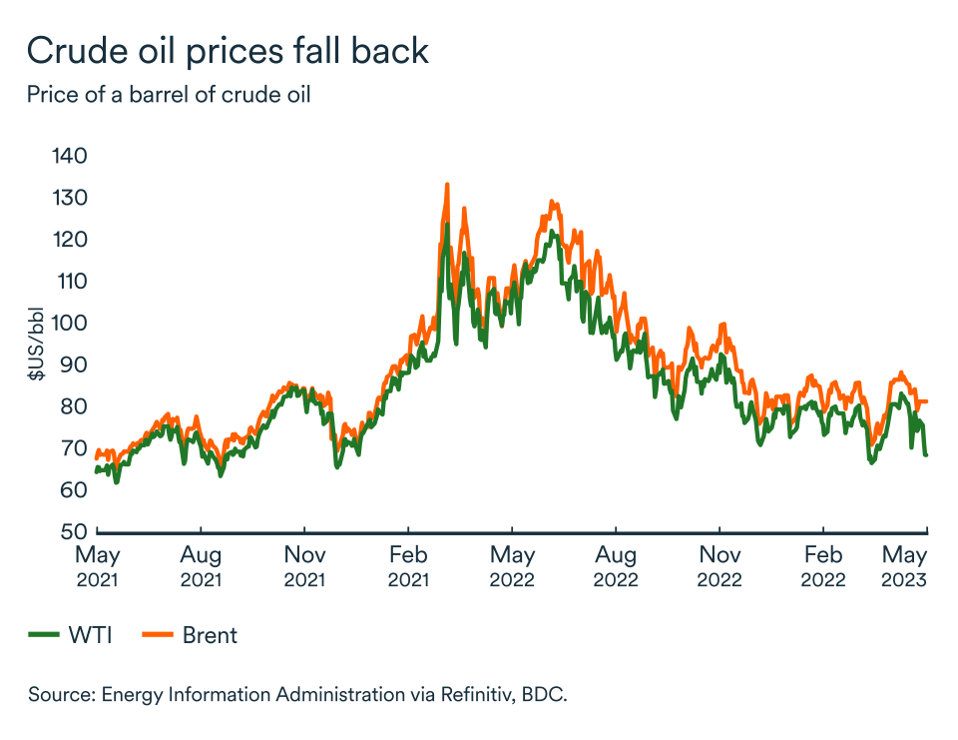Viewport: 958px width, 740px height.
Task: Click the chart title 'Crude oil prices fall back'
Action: (x=228, y=50)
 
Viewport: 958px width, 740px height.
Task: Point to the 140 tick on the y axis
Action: (x=70, y=156)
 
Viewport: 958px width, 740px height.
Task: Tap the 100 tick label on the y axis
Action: (x=70, y=323)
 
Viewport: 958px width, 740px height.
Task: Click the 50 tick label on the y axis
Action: (x=75, y=531)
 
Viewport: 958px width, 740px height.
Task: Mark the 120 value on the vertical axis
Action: (x=70, y=240)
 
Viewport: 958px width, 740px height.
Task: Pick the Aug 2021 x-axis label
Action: (x=201, y=566)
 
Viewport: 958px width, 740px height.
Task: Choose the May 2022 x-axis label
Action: (x=512, y=566)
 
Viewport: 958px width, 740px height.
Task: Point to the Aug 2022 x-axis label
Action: (x=616, y=566)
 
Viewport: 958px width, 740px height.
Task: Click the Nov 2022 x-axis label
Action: (x=719, y=566)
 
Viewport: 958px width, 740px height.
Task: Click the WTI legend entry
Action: (x=70, y=635)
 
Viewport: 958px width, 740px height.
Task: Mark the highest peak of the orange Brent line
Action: (x=447, y=184)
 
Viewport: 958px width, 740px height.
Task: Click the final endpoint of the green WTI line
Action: (x=927, y=455)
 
